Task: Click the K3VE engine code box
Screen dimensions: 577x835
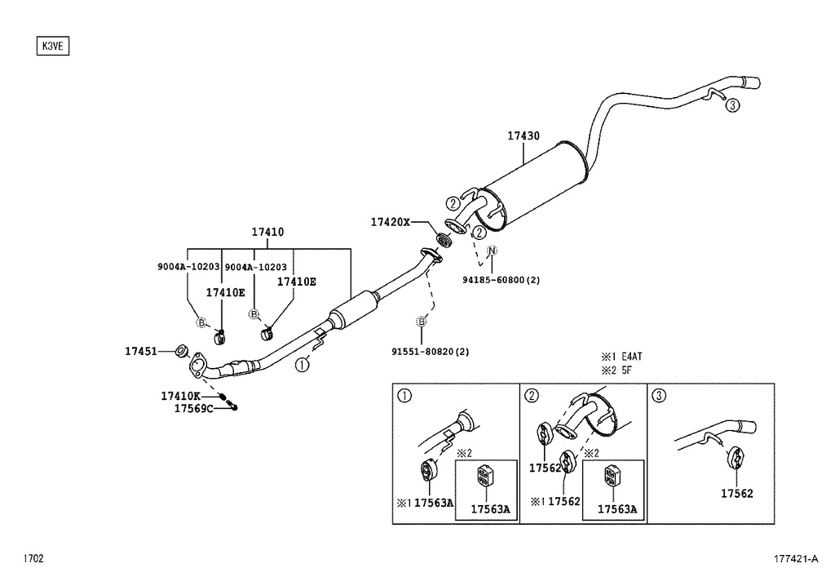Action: point(53,47)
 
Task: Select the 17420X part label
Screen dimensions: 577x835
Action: point(390,222)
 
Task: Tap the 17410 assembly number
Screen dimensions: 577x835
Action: point(267,233)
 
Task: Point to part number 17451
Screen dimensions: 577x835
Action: point(140,352)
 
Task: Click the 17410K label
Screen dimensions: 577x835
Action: point(179,396)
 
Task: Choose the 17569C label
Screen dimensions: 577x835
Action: point(192,408)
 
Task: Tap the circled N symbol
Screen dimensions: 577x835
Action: point(492,251)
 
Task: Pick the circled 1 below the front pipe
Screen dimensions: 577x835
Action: point(302,365)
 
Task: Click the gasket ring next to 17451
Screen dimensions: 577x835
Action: point(183,352)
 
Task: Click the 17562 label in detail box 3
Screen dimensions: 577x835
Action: point(736,494)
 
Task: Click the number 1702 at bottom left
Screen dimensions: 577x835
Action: point(33,559)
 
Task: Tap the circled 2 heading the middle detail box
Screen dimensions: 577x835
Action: point(532,397)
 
